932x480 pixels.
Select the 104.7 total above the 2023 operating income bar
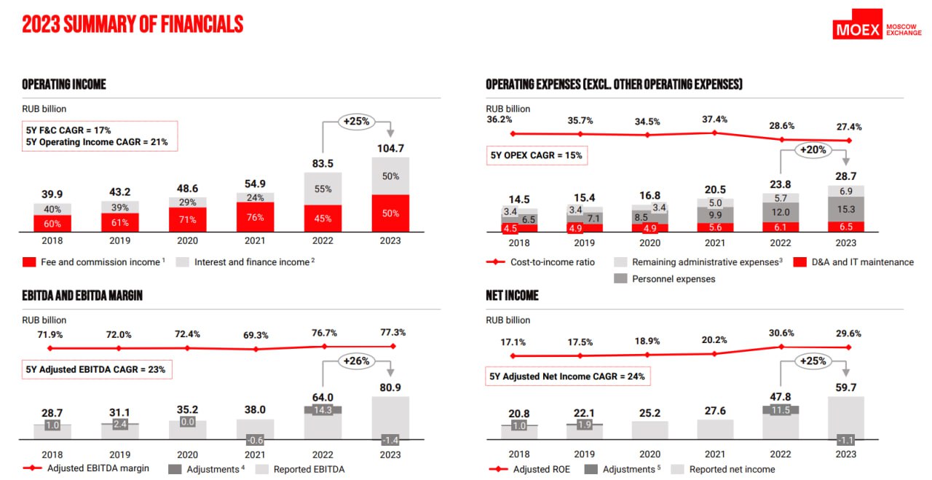tap(390, 149)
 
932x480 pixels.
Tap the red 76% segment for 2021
tap(255, 218)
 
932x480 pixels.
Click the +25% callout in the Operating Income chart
tap(356, 122)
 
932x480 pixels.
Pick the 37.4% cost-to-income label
tap(714, 119)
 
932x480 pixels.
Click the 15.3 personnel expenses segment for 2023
tap(845, 209)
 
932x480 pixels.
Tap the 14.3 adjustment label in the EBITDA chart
tap(323, 410)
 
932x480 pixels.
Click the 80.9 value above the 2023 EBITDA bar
tap(390, 387)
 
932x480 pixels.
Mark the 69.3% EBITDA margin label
tap(255, 335)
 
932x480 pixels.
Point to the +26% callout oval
tap(356, 361)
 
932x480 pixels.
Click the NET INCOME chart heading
tap(512, 295)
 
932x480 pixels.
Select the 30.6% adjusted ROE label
tap(781, 333)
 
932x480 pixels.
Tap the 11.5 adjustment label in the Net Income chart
tap(781, 410)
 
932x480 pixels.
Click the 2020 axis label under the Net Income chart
tap(649, 455)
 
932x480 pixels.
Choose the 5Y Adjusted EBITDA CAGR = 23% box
tap(96, 369)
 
